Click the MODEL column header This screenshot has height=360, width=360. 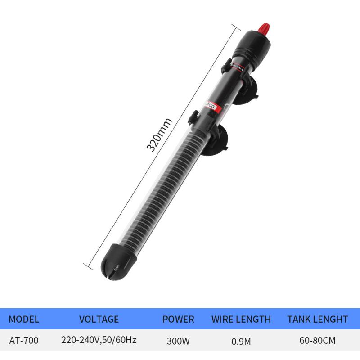point(24,319)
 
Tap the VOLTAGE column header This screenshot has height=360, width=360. point(99,319)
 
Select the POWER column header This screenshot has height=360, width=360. point(178,319)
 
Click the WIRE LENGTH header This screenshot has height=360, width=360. point(241,319)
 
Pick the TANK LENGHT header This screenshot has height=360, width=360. point(317,319)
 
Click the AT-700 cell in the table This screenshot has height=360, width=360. point(24,341)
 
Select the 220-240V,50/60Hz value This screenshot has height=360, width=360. point(99,341)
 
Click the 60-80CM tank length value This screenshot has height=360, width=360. point(317,341)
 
